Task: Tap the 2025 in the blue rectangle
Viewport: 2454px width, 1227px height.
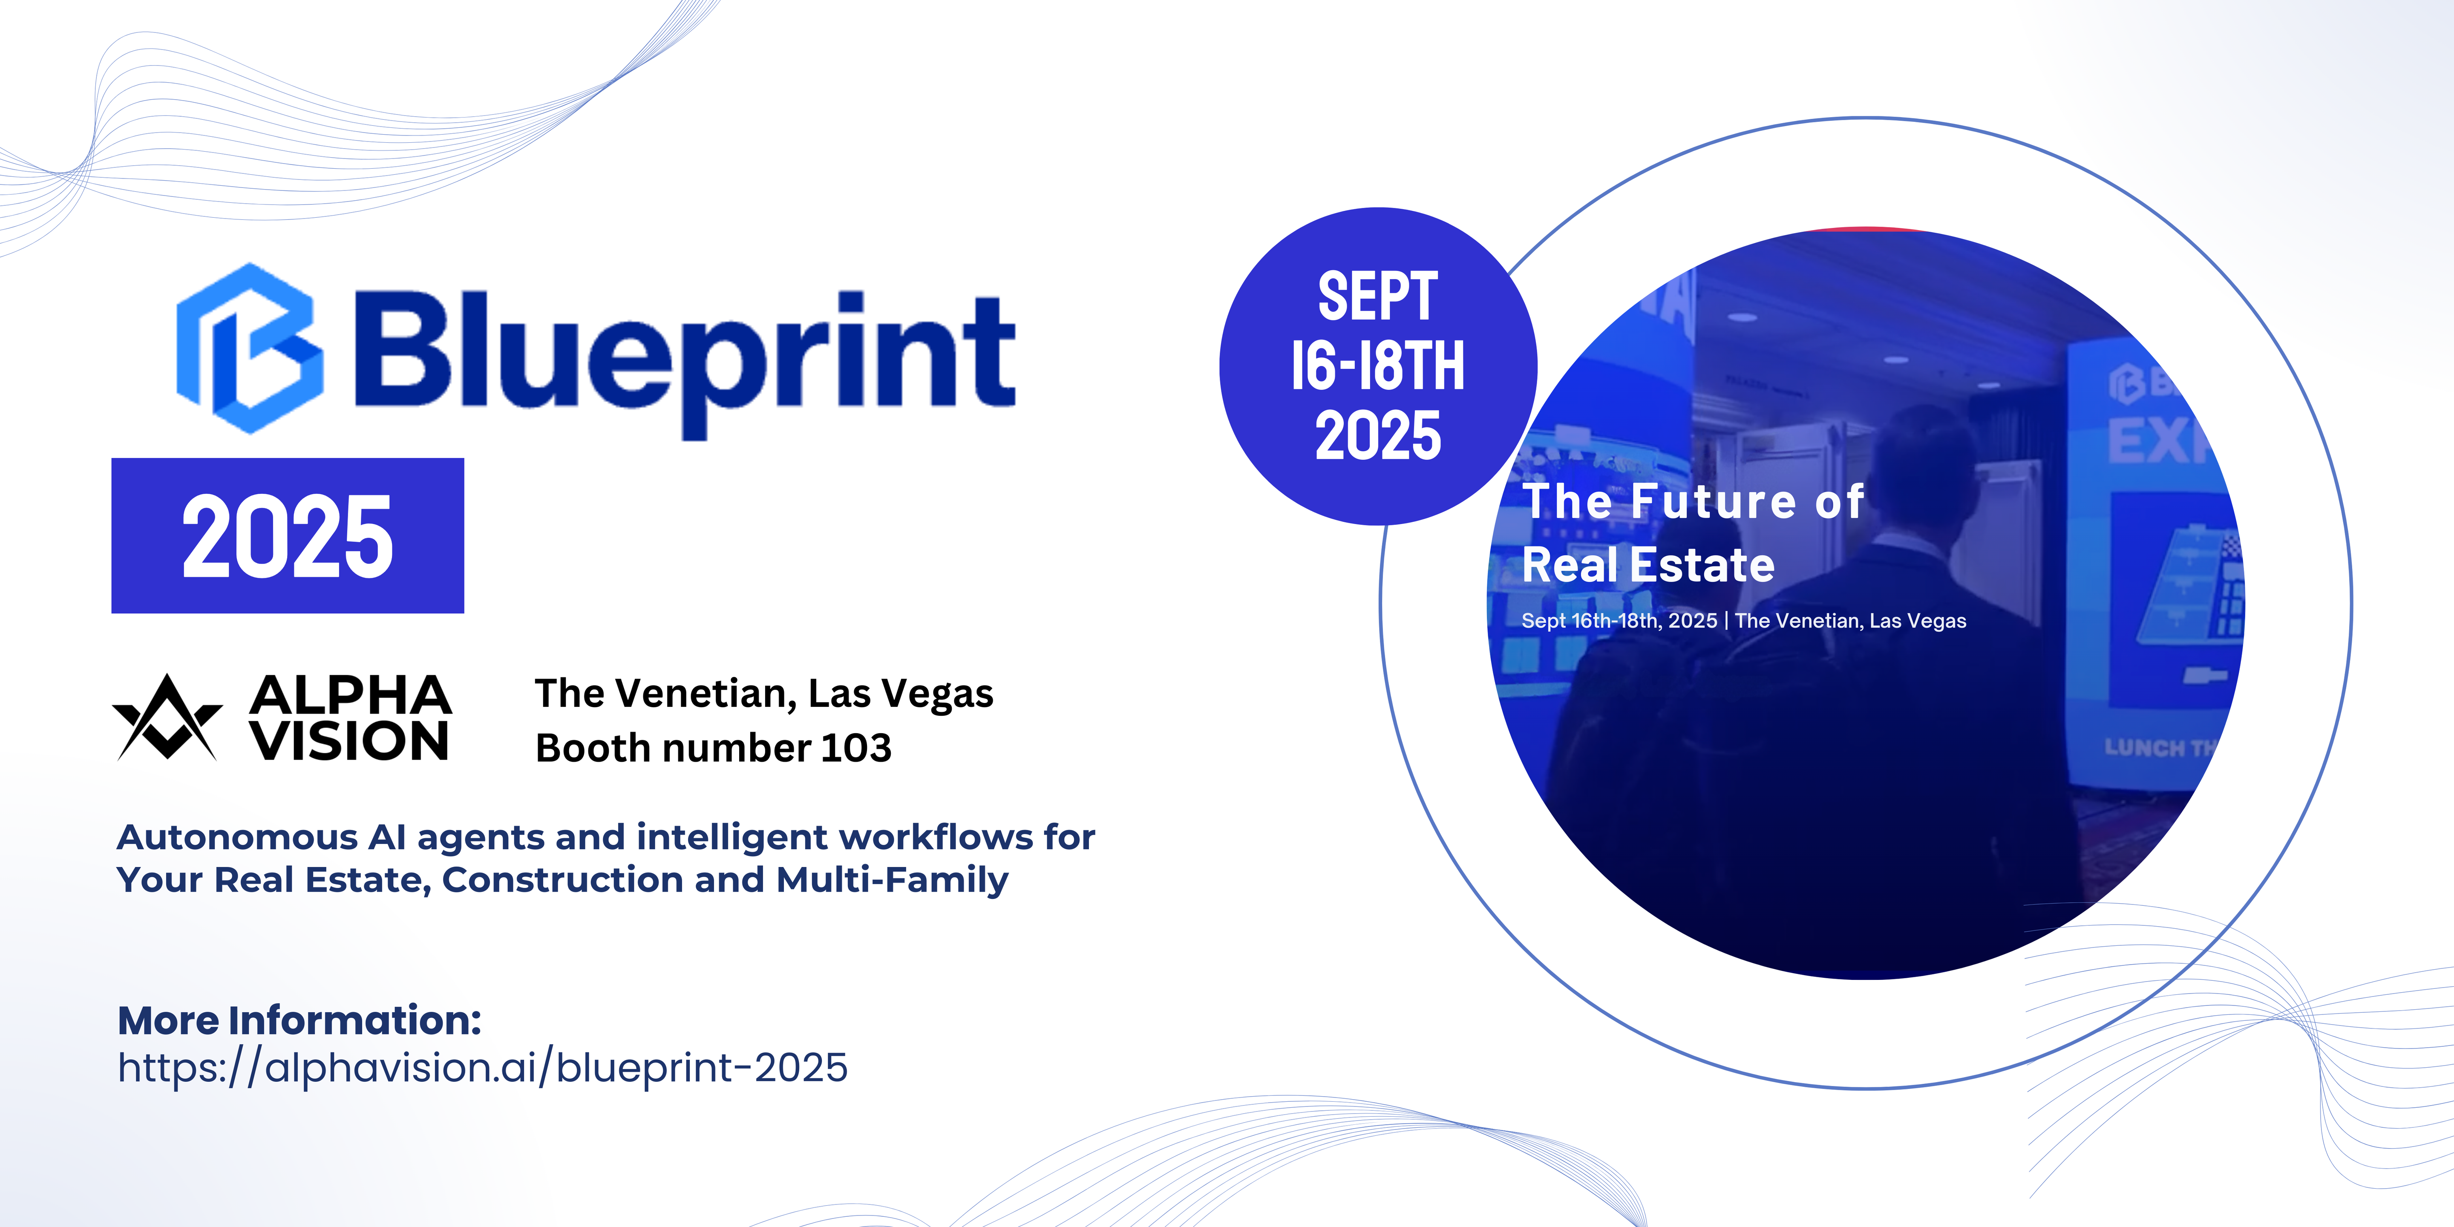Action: (288, 536)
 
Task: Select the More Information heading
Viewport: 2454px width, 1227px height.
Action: (299, 1020)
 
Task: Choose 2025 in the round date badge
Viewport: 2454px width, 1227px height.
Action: (1377, 436)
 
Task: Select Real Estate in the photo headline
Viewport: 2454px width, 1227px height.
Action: (1648, 565)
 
